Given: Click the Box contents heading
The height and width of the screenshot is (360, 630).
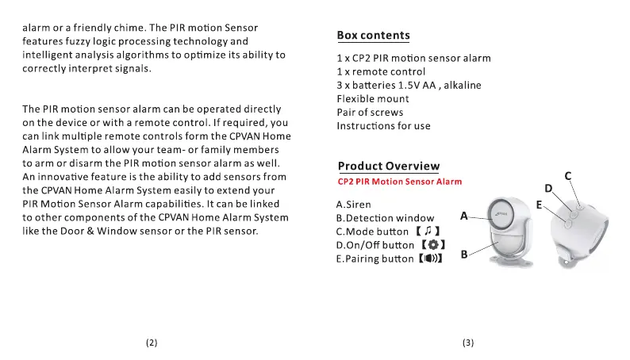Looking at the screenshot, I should click(373, 35).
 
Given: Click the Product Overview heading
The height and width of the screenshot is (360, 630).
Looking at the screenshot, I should click(388, 166).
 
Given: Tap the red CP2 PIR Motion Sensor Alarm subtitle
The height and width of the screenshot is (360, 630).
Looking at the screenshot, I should click(399, 182).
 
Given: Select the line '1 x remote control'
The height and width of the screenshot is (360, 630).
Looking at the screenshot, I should click(381, 71).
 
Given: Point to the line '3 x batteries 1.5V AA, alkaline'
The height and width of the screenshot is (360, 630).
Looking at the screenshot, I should click(409, 85).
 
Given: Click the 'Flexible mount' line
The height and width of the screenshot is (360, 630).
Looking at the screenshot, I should click(373, 98).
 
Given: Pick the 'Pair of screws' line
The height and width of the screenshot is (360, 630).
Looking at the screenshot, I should click(370, 113).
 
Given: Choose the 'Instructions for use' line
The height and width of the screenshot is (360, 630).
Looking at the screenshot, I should click(383, 126).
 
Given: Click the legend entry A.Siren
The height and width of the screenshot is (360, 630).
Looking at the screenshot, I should click(354, 204).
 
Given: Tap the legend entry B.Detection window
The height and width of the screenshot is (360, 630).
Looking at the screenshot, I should click(385, 217).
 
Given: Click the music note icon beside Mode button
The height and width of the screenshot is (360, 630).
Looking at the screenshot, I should click(427, 231).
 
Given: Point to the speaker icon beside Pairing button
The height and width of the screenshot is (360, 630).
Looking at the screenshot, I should click(429, 259).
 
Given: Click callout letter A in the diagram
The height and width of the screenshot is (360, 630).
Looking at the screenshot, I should click(464, 214).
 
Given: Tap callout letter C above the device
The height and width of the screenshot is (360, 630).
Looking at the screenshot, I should click(567, 175).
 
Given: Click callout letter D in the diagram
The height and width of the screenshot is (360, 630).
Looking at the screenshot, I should click(548, 189).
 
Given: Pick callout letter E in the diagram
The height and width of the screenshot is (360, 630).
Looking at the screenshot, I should click(539, 205).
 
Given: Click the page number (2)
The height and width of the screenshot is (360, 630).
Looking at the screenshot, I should click(152, 343).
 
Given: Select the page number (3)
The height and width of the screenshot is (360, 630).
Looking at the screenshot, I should click(467, 343).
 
